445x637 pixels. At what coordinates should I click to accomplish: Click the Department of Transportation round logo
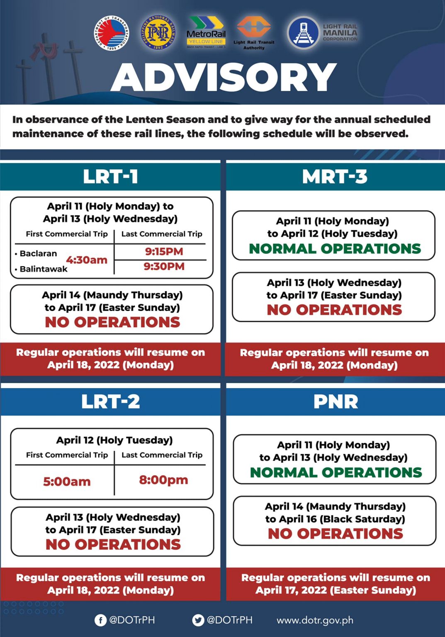click(x=111, y=33)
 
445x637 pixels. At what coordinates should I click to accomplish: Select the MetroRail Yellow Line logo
click(x=206, y=32)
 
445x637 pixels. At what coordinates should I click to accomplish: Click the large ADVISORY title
click(x=224, y=78)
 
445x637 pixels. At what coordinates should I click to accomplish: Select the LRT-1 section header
click(x=110, y=177)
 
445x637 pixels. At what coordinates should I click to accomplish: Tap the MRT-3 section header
click(x=335, y=177)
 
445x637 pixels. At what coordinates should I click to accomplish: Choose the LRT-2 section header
click(x=110, y=401)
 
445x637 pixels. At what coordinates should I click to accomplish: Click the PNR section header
click(x=336, y=401)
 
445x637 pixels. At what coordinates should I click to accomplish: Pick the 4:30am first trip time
click(x=87, y=260)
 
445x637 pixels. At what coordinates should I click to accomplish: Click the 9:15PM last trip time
click(x=164, y=251)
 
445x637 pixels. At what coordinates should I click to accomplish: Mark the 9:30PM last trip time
click(x=164, y=266)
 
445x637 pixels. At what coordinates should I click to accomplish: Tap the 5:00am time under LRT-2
click(x=67, y=481)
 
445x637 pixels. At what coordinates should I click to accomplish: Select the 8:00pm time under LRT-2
click(x=163, y=480)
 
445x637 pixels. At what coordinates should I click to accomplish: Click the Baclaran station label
click(x=38, y=253)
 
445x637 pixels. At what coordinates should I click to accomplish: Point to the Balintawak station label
click(x=43, y=269)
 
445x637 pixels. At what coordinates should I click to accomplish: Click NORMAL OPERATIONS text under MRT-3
click(x=335, y=248)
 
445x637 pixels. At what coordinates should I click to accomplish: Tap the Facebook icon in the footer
click(x=100, y=620)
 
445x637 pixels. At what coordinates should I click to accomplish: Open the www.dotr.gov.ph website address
click(x=315, y=620)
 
